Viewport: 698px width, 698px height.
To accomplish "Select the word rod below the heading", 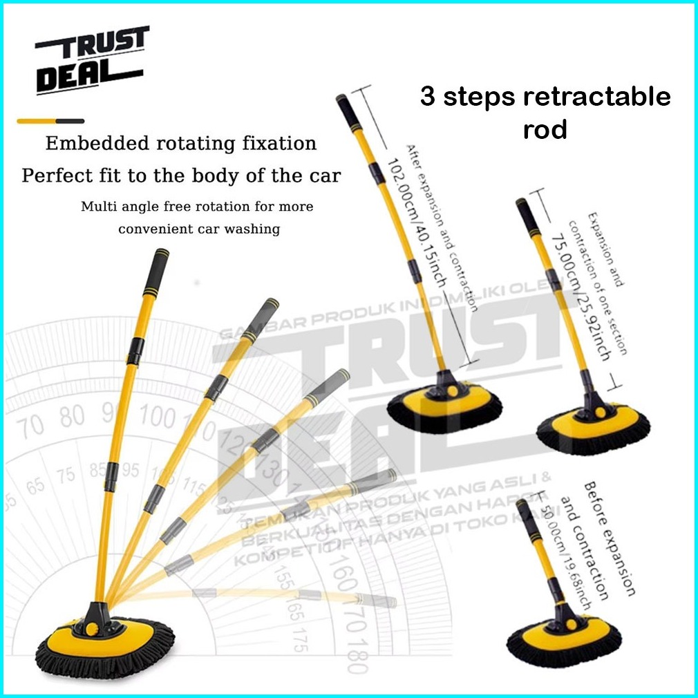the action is [545, 129].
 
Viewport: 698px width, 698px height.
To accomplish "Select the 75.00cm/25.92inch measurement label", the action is [589, 294].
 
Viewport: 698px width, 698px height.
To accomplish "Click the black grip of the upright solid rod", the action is [155, 271].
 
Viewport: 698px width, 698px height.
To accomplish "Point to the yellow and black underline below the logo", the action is [50, 121].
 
